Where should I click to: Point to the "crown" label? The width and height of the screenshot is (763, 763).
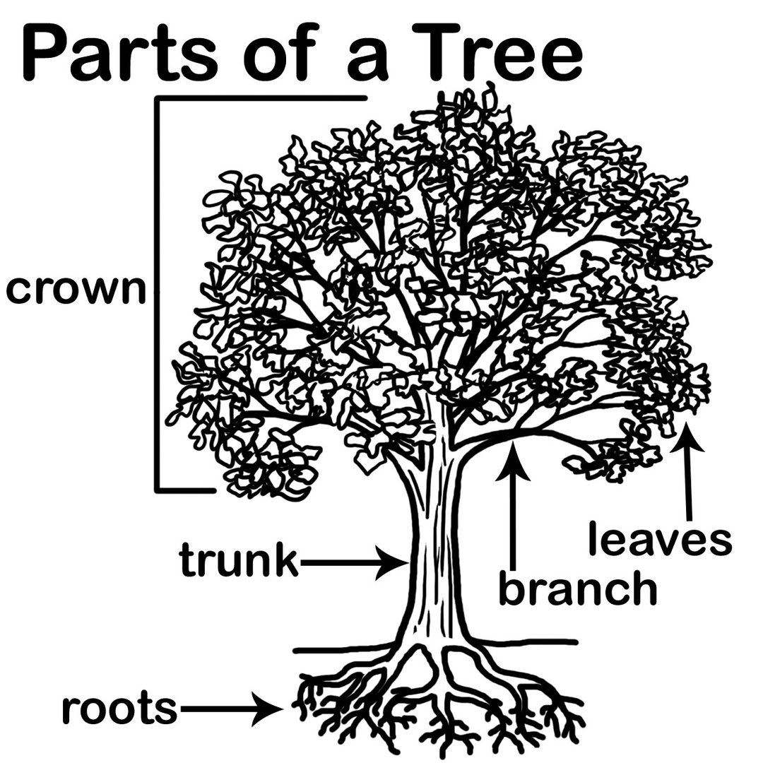pyautogui.click(x=75, y=290)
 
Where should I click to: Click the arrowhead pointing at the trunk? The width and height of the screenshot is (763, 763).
pyautogui.click(x=392, y=563)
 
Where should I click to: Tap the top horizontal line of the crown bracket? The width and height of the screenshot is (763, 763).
pyautogui.click(x=261, y=98)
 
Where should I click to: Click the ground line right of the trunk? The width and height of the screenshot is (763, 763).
pyautogui.click(x=523, y=642)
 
